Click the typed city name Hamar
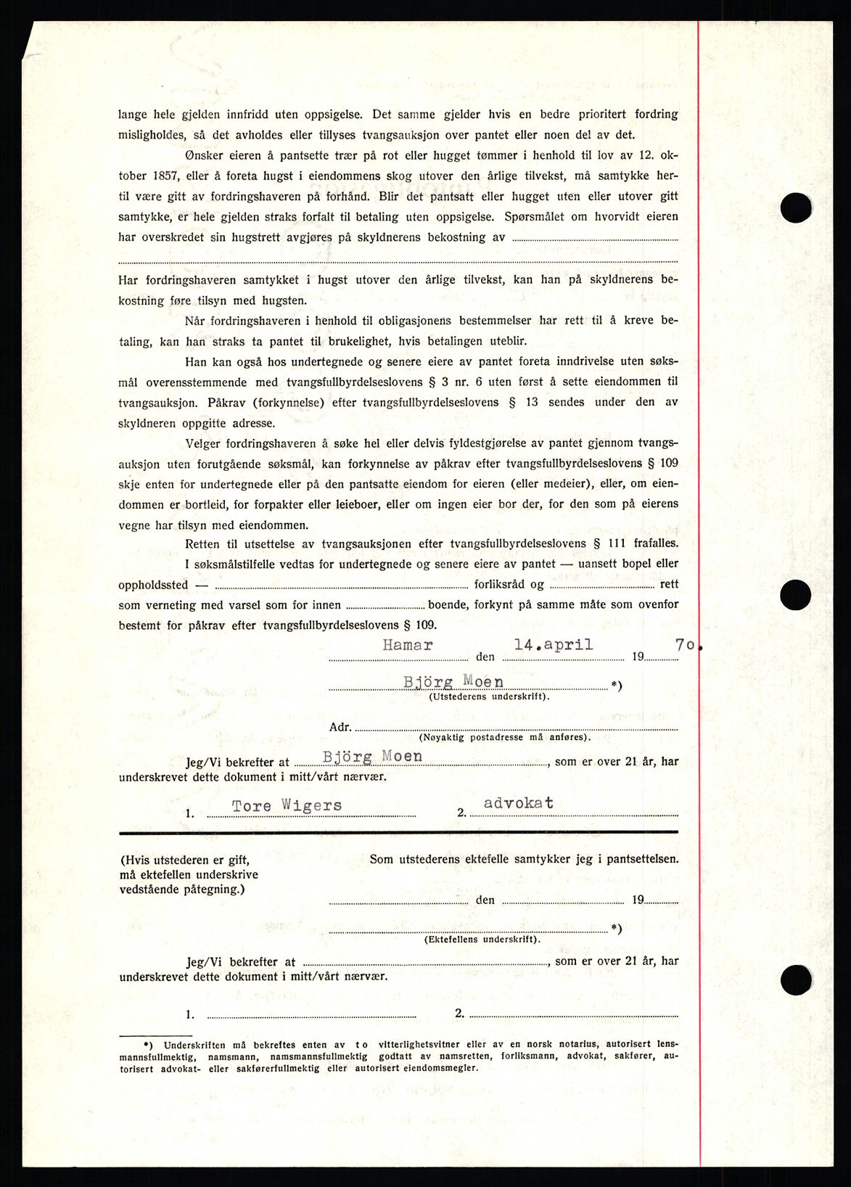coord(408,644)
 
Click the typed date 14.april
coord(554,644)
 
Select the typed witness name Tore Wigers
coord(287,805)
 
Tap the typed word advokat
coord(519,802)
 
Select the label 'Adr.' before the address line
coord(340,726)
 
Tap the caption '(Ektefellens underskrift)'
coord(482,939)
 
